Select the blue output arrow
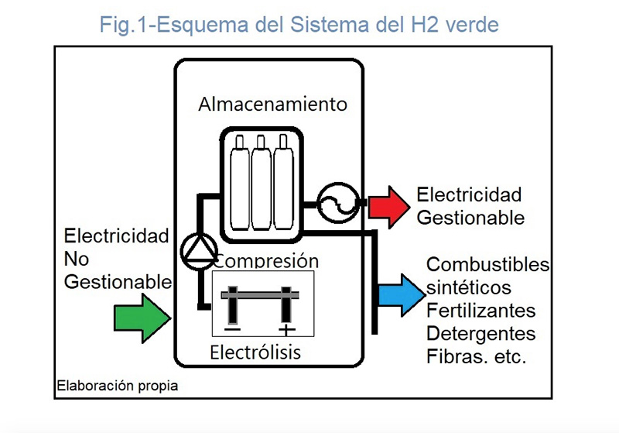pos(402,294)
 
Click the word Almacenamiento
pos(272,104)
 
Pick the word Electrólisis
pos(255,353)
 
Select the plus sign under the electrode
pos(286,330)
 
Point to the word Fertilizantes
pos(481,311)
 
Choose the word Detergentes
pos(480,334)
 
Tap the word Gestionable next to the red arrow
pos(470,218)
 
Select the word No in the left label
pos(77,259)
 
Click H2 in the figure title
pos(424,25)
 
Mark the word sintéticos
pos(469,287)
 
